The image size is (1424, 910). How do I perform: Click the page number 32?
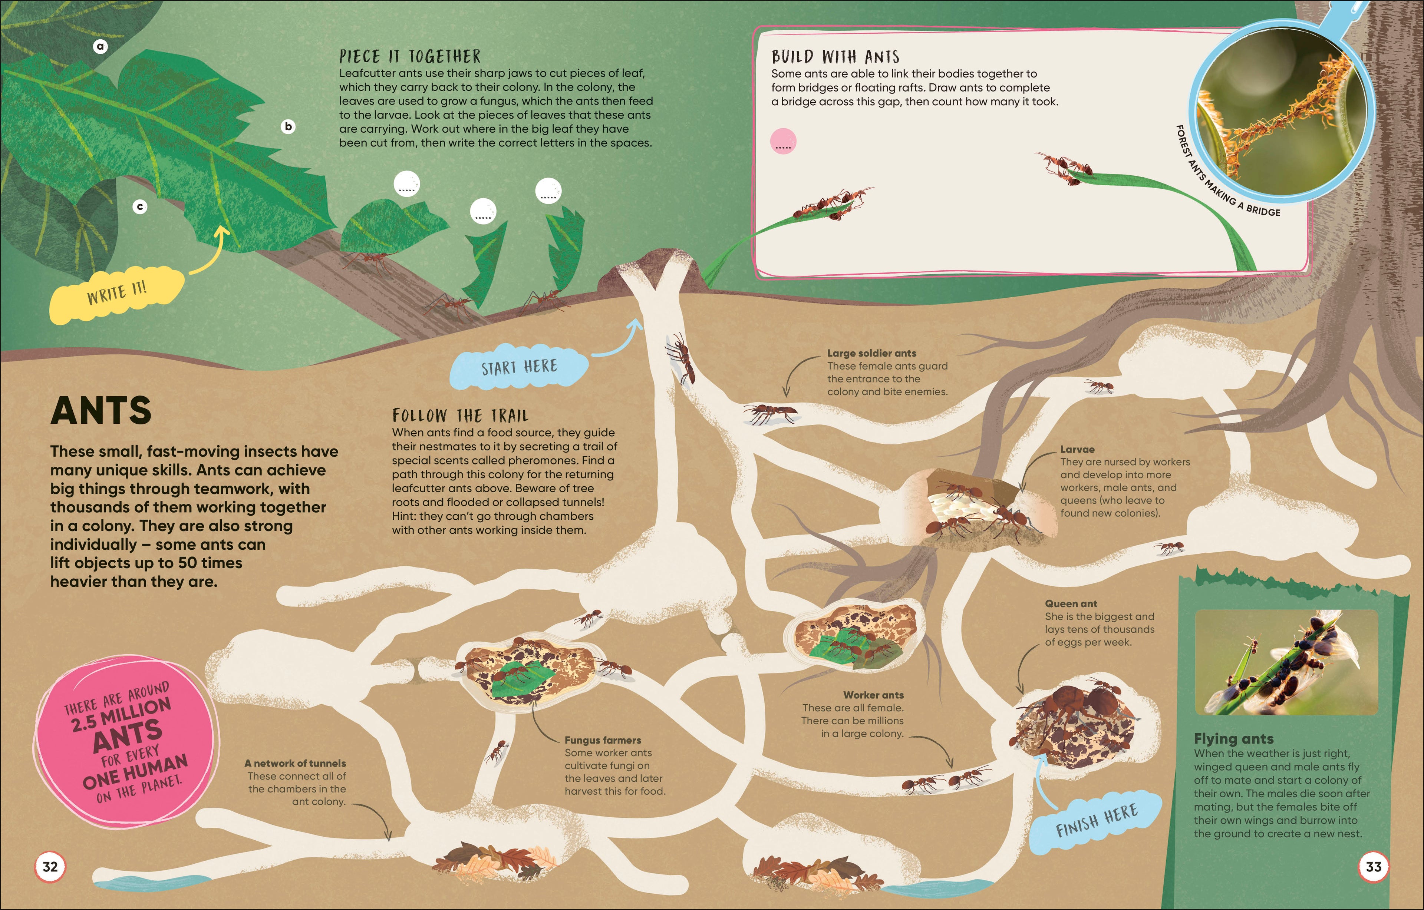tap(50, 867)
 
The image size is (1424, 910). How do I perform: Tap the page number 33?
tap(1373, 867)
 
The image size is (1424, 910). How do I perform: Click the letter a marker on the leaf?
tap(100, 46)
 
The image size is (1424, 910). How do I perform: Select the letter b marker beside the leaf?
tap(288, 126)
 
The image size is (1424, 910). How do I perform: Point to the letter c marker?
tap(139, 207)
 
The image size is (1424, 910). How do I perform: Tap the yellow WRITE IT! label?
tap(117, 293)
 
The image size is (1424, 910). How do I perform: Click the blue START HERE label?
tap(519, 367)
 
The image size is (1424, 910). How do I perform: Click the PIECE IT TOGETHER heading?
tap(410, 57)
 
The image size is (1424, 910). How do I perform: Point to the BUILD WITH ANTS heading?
tap(835, 57)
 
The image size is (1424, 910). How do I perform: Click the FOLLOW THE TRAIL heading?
tap(460, 415)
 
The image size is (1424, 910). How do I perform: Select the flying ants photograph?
tap(1286, 662)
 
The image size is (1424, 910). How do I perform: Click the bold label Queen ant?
tap(1071, 604)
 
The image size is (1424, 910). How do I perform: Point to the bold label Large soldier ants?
tap(872, 353)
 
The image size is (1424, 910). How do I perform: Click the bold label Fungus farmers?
tap(603, 740)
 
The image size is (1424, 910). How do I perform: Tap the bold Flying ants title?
tap(1234, 738)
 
